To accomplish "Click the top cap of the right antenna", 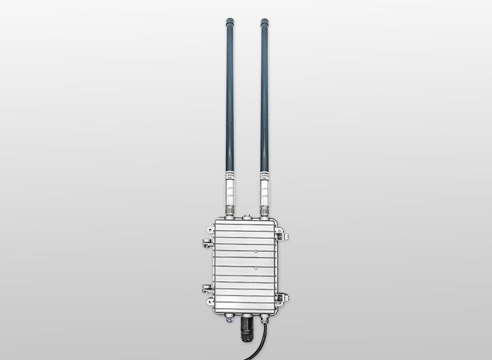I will [265, 22].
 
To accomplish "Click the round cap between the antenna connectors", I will [247, 217].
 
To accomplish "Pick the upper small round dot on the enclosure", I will [256, 251].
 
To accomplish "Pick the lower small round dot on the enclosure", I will [256, 269].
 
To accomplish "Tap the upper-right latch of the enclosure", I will [284, 236].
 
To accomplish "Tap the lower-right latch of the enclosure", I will [285, 298].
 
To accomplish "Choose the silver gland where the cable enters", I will [265, 317].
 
